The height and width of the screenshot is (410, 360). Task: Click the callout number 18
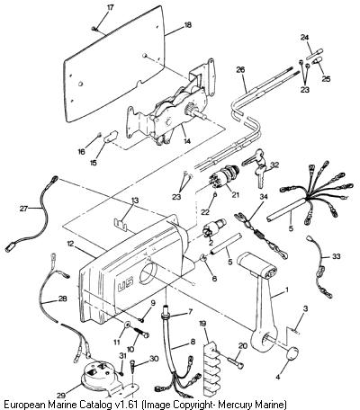click(x=187, y=25)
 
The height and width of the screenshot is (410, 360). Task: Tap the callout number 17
click(x=111, y=7)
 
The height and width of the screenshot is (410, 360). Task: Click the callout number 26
click(x=240, y=70)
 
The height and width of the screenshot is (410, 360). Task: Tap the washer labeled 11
click(x=127, y=325)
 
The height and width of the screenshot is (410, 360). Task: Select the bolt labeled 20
click(x=236, y=361)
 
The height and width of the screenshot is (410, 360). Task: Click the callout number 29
click(x=61, y=395)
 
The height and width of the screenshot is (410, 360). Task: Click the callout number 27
click(x=23, y=209)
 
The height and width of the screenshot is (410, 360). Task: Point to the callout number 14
click(x=187, y=141)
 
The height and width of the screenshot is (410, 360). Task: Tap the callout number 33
click(x=336, y=256)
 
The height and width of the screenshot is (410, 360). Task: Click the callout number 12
click(x=70, y=244)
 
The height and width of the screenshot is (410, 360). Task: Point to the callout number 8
click(x=193, y=342)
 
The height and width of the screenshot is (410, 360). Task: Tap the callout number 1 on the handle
click(x=286, y=290)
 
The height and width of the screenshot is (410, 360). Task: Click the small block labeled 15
click(x=110, y=137)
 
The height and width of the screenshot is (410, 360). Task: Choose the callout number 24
click(x=304, y=38)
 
